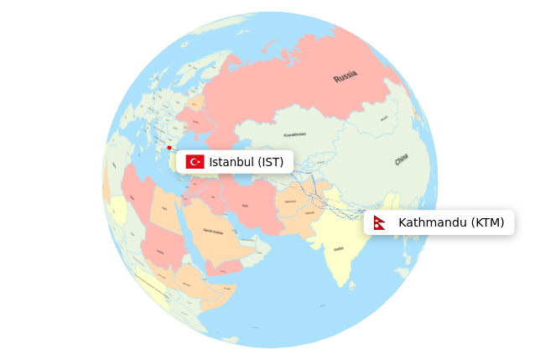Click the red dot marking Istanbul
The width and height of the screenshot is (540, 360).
[x=169, y=148]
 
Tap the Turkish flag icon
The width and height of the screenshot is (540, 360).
[x=195, y=162]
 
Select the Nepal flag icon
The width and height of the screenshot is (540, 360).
[x=380, y=222]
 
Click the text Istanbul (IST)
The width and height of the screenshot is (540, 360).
[x=246, y=162]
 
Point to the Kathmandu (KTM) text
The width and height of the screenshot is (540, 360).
[x=451, y=222]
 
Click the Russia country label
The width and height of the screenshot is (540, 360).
[x=345, y=77]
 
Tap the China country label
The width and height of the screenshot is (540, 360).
[x=402, y=159]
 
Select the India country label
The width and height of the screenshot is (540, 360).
[x=338, y=248]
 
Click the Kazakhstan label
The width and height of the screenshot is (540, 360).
[x=294, y=134]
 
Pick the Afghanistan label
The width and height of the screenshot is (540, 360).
[x=290, y=201]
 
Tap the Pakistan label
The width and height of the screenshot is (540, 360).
[x=309, y=213]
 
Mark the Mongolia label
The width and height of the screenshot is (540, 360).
[x=383, y=118]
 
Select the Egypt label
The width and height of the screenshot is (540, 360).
[x=164, y=208]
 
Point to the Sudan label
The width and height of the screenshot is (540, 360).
[x=160, y=251]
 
